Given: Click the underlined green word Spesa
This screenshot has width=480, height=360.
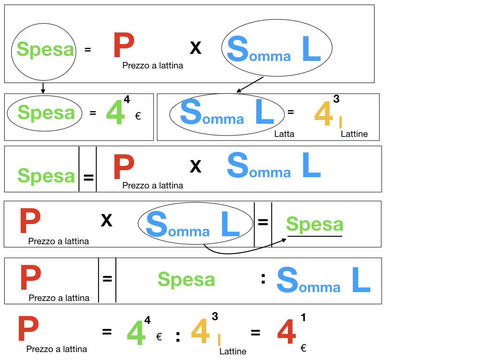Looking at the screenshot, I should (x=315, y=225).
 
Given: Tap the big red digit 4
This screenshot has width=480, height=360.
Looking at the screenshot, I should (x=286, y=333).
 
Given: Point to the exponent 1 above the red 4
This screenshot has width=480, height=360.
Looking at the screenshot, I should (x=303, y=318).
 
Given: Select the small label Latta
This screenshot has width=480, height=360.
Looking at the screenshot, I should (x=285, y=134).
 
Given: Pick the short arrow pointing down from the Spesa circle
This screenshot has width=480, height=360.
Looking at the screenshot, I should (x=43, y=88).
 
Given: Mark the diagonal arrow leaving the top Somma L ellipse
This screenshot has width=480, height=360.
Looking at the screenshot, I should (x=251, y=84).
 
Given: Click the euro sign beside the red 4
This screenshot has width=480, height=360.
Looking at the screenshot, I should (x=303, y=348).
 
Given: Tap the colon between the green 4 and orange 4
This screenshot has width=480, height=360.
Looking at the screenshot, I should (x=178, y=337).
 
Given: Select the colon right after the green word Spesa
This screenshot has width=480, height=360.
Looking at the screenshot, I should (x=263, y=279).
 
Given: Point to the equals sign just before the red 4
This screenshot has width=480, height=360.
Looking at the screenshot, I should (x=255, y=333).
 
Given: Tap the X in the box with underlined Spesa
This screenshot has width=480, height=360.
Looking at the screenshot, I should (x=106, y=220).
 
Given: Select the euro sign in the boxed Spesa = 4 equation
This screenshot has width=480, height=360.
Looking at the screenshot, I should (x=138, y=116).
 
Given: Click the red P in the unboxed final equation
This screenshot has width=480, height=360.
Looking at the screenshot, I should (x=29, y=330).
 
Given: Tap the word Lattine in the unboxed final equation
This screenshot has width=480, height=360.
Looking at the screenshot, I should (x=232, y=352).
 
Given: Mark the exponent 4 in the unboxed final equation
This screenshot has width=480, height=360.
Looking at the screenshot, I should (x=148, y=320).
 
